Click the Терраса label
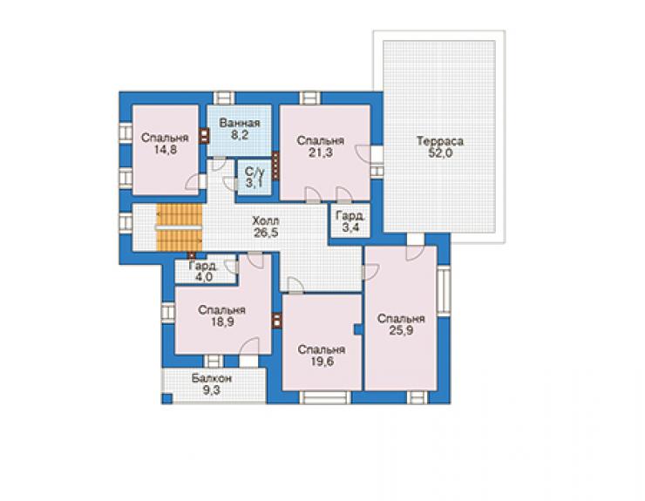[x=440, y=141]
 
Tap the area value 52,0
[x=440, y=153]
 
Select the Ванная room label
[x=240, y=123]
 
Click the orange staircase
[x=180, y=227]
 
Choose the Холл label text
[x=266, y=220]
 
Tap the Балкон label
[x=212, y=378]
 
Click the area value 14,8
[x=166, y=150]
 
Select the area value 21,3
[x=321, y=153]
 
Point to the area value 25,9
[x=401, y=331]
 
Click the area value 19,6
[x=322, y=362]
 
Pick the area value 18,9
[x=222, y=322]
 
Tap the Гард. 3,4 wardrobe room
[x=350, y=220]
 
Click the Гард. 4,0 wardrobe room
[x=205, y=272]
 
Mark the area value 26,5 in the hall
[x=266, y=233]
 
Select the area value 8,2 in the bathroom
[x=240, y=135]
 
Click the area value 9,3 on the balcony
[x=212, y=390]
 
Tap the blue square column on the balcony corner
[x=166, y=398]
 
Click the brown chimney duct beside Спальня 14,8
[x=204, y=136]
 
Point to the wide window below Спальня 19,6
[x=325, y=397]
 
